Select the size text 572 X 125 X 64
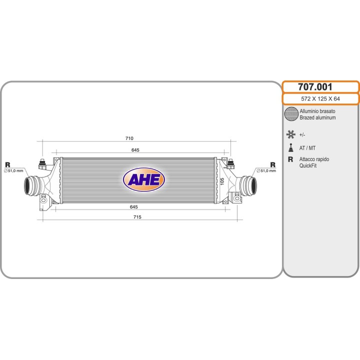point(320,99)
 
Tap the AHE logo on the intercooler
point(144,179)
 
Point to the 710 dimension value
point(129,138)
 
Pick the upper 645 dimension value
point(135,150)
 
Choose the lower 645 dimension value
point(133,206)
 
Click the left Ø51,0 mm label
point(14,171)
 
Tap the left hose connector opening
point(29,186)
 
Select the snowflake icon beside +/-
point(290,134)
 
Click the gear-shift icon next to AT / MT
point(290,148)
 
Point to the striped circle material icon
point(290,114)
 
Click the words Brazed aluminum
point(317,117)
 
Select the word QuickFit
point(308,165)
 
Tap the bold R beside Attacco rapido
point(290,159)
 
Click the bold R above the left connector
point(7,164)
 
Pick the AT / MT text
point(307,148)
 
